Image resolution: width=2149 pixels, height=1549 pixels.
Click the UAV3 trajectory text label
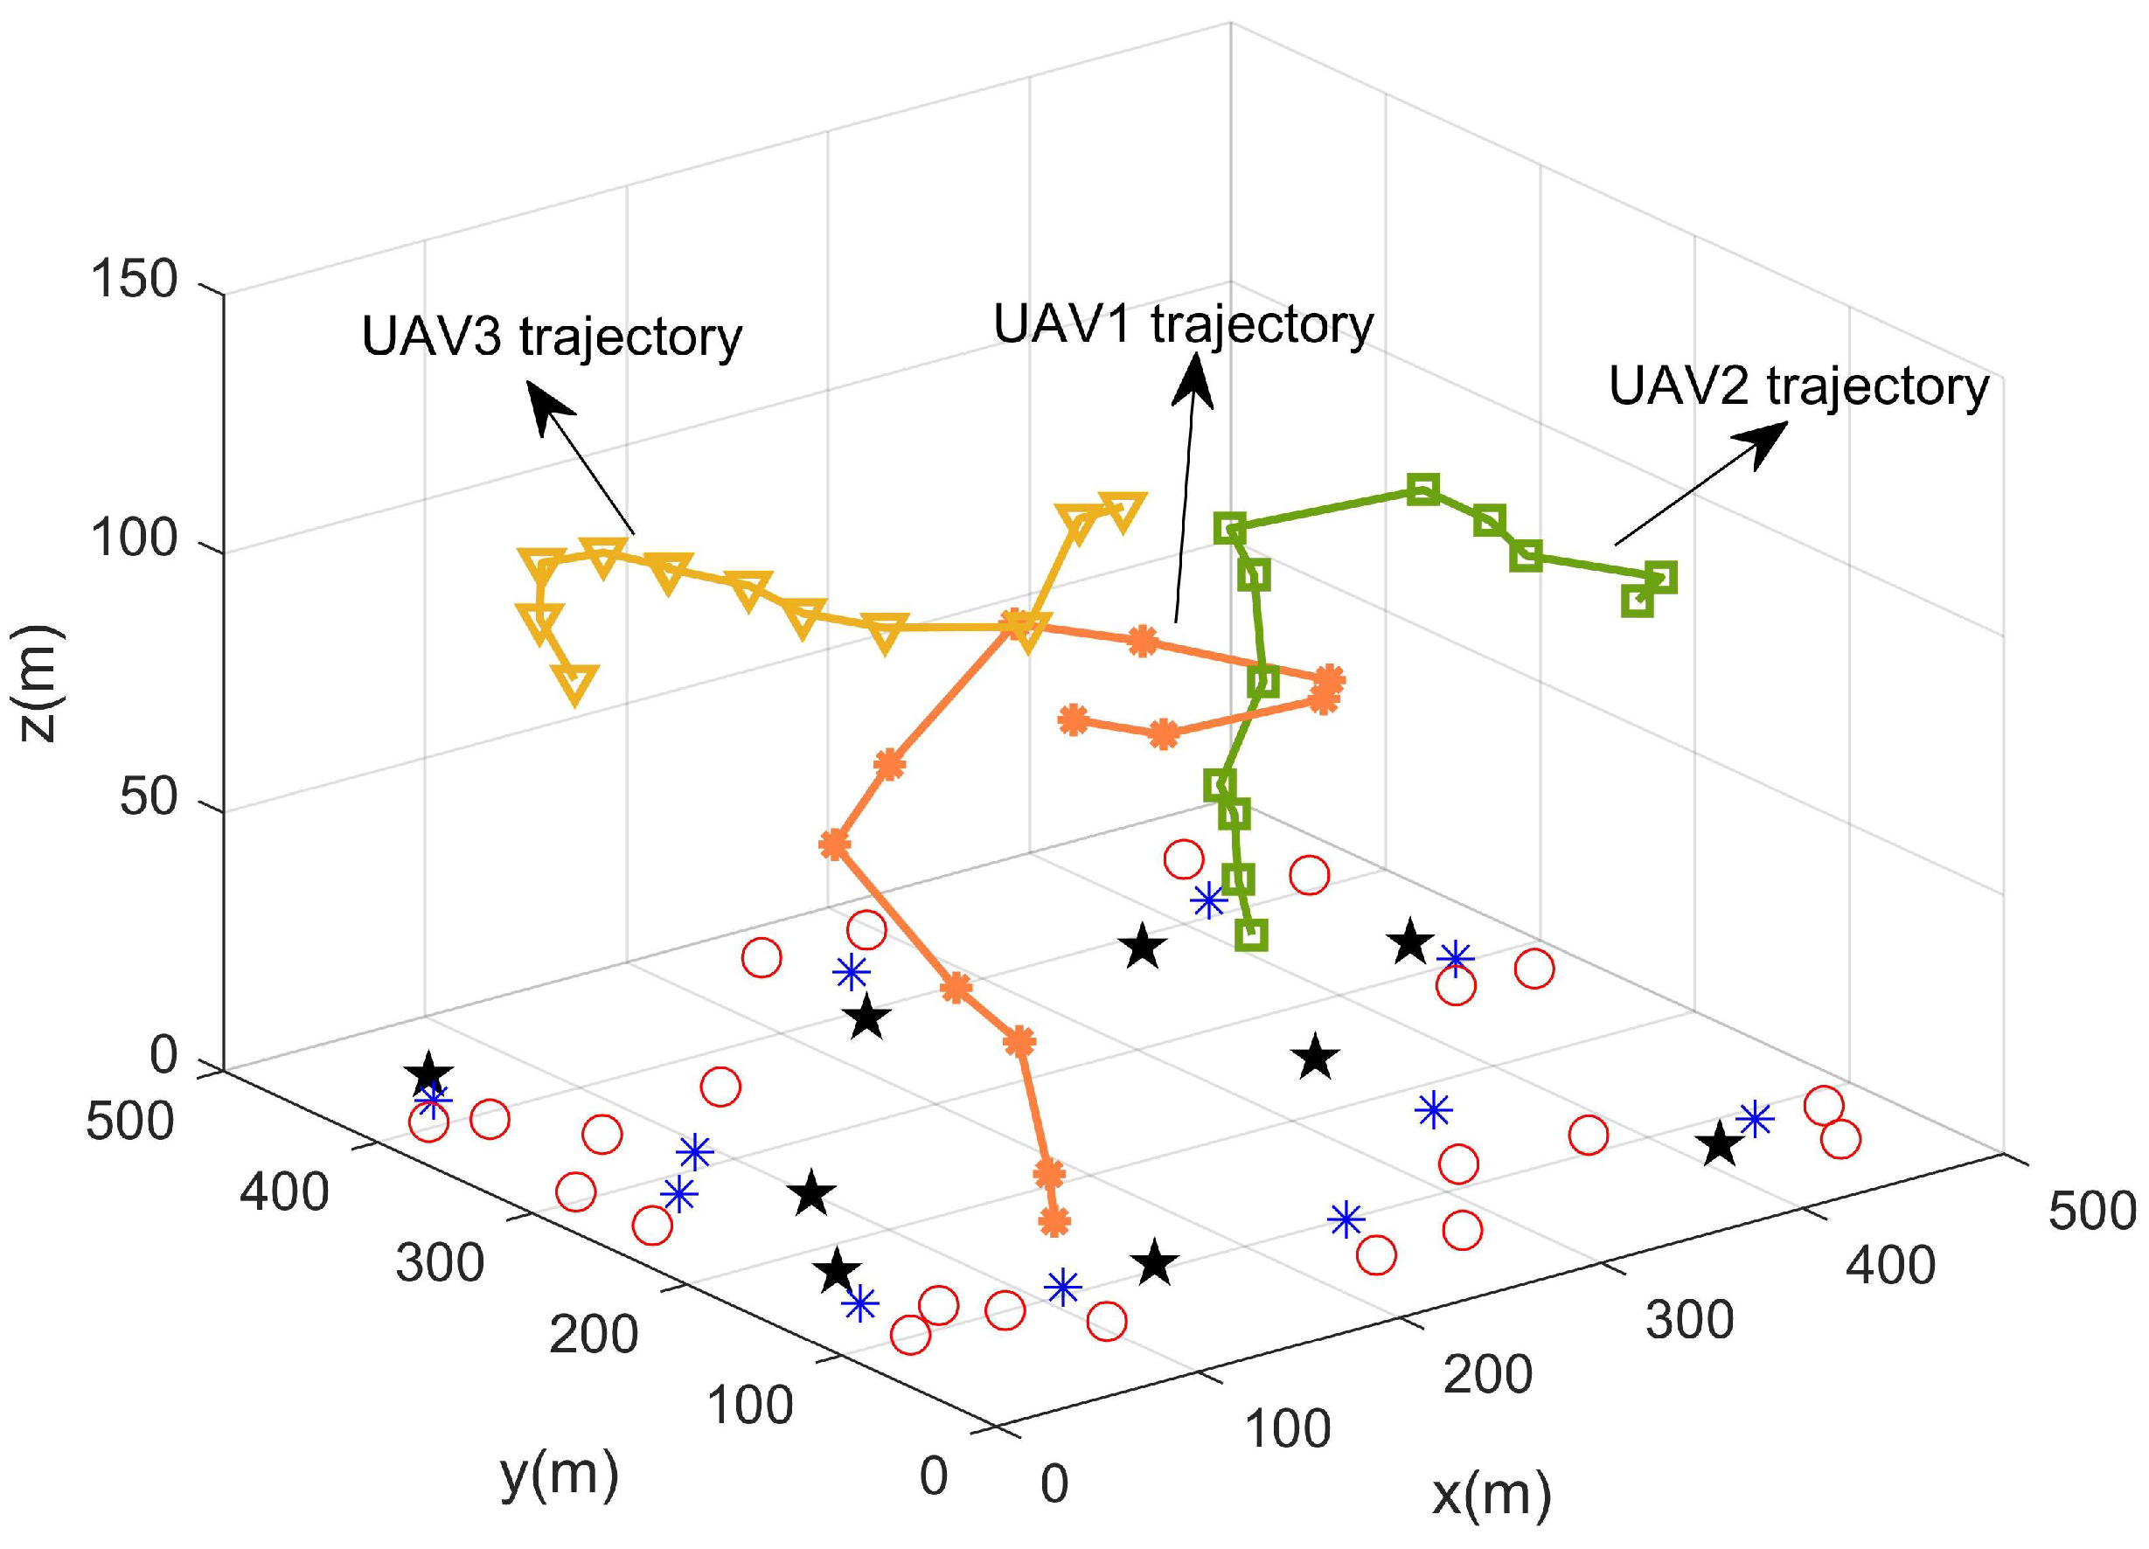click(552, 337)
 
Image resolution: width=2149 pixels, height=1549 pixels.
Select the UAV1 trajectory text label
click(1183, 325)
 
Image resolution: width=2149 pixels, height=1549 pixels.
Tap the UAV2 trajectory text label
click(1798, 387)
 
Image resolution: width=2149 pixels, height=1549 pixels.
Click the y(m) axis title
click(559, 1475)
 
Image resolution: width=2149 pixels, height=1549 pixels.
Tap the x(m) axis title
click(1492, 1494)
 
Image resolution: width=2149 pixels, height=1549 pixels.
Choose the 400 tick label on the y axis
click(284, 1191)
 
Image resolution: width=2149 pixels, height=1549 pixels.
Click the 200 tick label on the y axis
click(595, 1334)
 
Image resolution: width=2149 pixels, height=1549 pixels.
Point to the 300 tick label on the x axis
click(1689, 1319)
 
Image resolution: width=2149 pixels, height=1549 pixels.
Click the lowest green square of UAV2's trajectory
click(1252, 934)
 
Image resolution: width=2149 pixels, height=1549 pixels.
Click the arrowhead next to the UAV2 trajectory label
click(1764, 441)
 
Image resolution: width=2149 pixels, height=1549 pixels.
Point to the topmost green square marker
click(1422, 490)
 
